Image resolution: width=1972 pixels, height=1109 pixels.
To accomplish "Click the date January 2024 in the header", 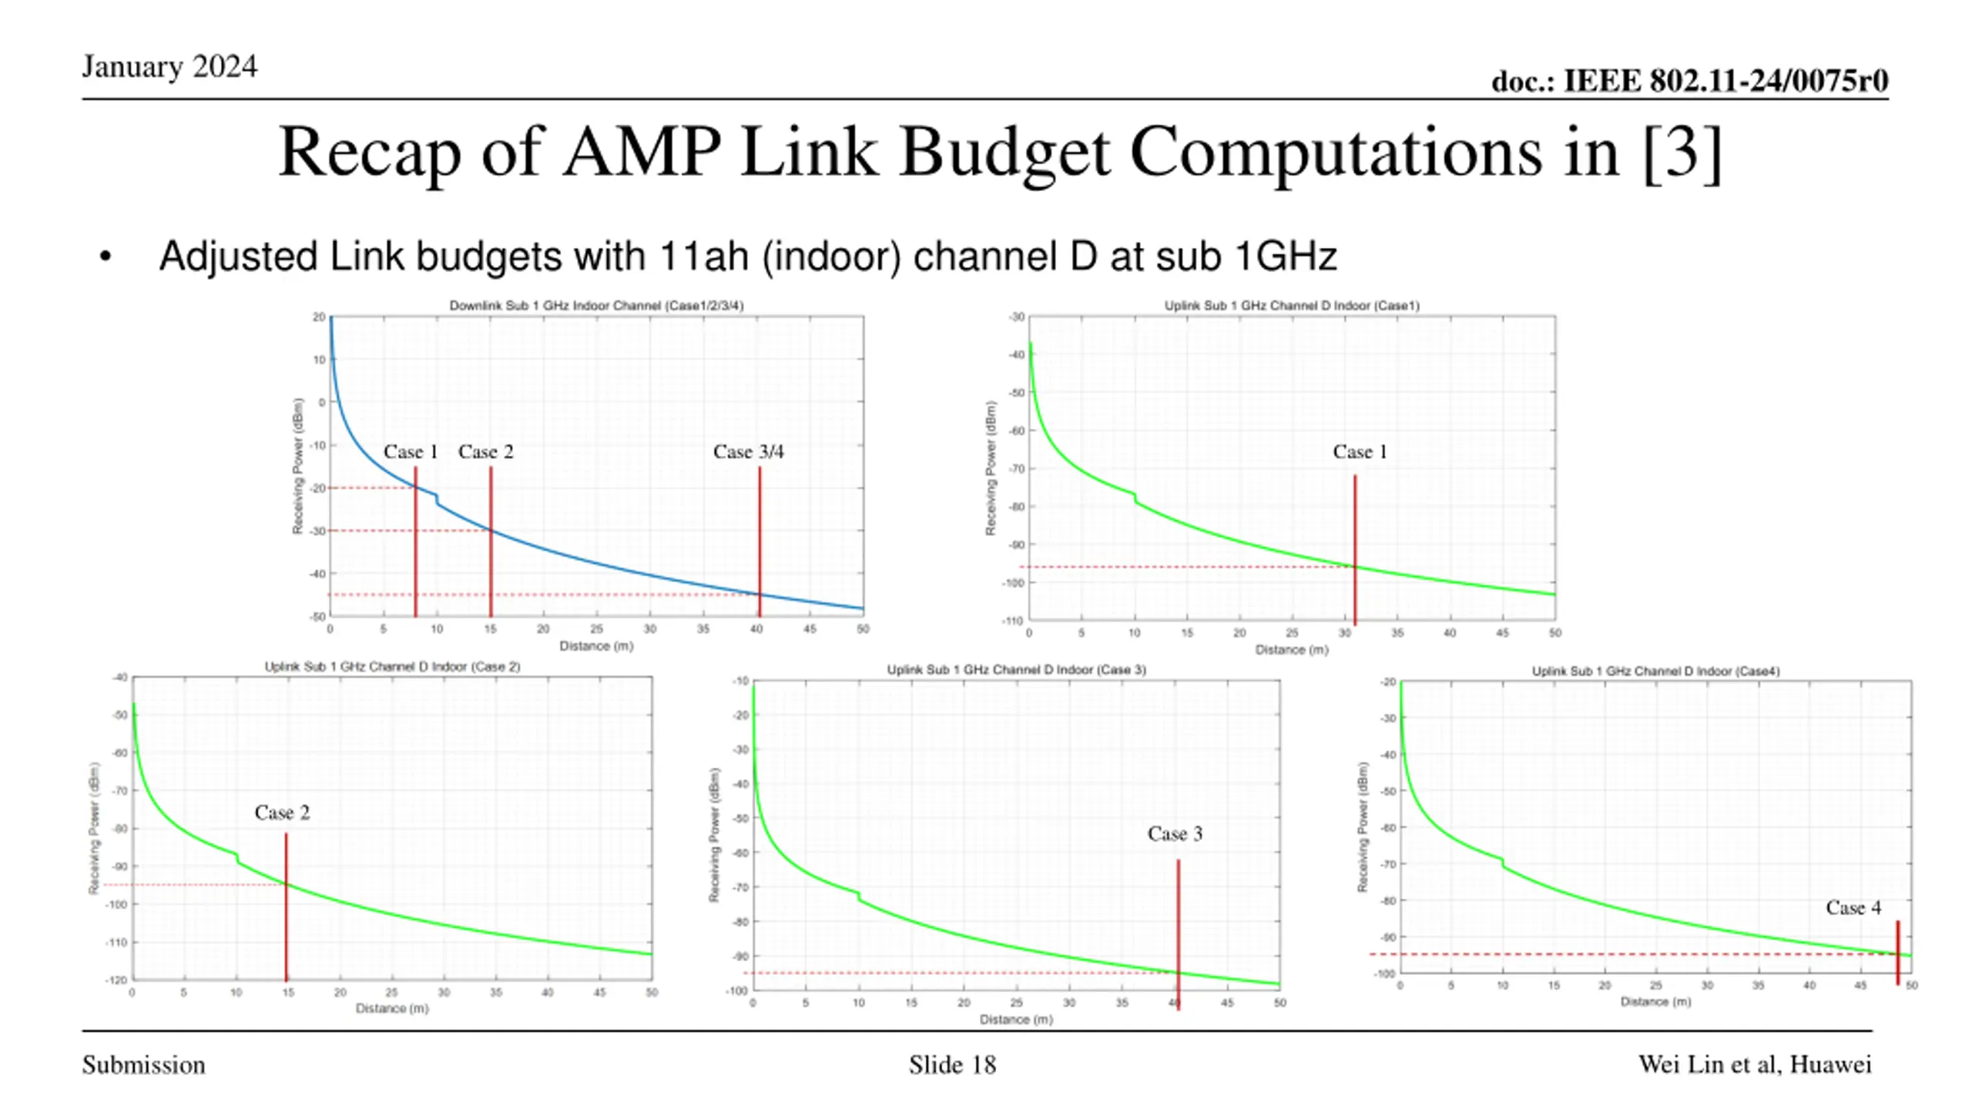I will (169, 67).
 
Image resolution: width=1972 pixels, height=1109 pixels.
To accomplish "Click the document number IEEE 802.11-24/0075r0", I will (1689, 81).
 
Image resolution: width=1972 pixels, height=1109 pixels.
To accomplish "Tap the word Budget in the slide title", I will (1004, 152).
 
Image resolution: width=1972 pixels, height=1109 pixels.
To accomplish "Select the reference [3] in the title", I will (1682, 152).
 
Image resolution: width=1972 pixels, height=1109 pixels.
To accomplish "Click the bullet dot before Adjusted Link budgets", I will (106, 257).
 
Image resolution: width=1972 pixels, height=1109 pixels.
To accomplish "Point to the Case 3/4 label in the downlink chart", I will (748, 452).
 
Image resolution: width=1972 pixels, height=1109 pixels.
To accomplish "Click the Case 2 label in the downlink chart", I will (485, 452).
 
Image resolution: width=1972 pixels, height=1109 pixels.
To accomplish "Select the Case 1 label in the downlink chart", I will (411, 452).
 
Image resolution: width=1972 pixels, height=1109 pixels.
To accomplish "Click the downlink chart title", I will (596, 306).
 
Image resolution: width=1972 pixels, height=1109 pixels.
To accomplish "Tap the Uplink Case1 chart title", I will (1291, 306).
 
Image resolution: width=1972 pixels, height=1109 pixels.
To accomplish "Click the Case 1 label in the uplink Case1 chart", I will (1360, 452).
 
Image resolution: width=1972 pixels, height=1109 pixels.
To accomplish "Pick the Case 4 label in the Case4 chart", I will (1853, 908).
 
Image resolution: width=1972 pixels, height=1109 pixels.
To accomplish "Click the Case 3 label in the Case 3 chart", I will (1174, 834).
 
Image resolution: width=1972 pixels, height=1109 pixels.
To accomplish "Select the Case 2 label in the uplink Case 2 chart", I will (282, 813).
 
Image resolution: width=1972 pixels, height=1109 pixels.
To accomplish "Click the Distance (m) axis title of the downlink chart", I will (596, 646).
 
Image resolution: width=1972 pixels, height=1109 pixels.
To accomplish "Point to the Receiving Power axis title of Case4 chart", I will (1363, 827).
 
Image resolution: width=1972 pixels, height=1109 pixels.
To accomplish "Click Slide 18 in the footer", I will (952, 1065).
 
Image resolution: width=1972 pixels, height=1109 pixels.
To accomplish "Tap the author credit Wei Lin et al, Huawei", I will (1754, 1064).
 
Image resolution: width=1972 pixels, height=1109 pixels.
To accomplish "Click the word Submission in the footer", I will (144, 1065).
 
